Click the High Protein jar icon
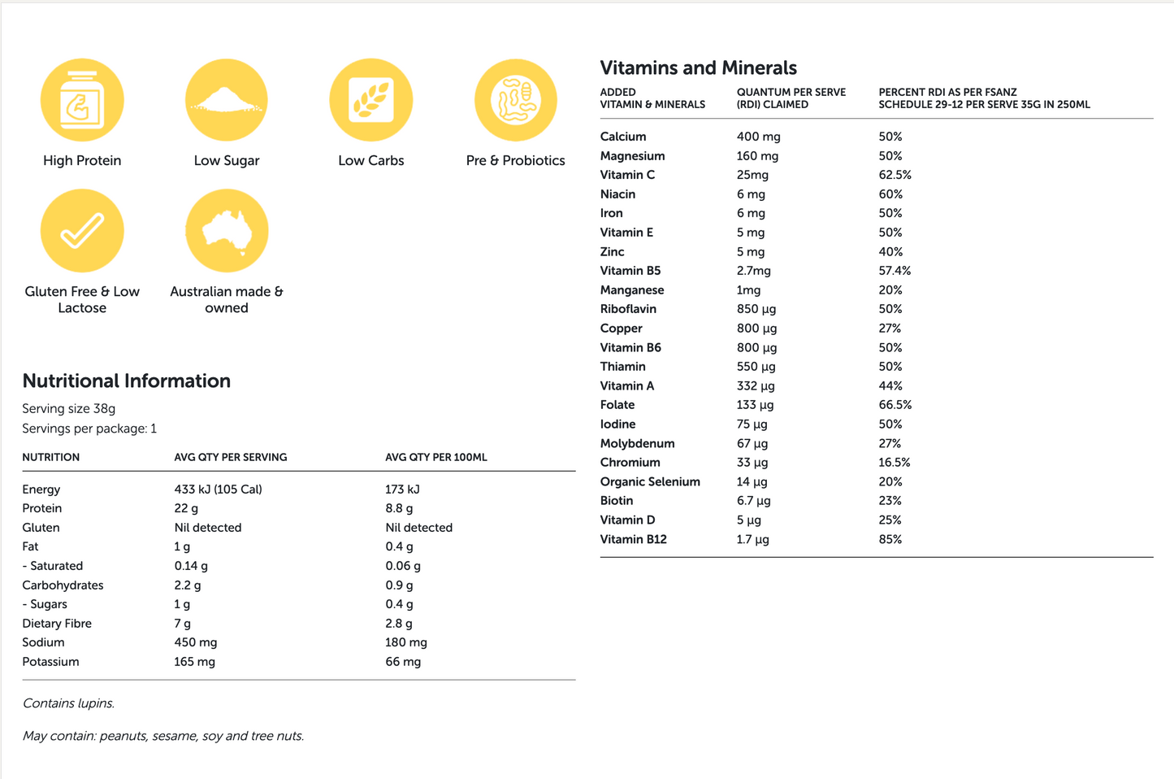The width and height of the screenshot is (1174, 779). click(82, 100)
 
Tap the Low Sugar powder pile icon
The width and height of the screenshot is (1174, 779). click(227, 100)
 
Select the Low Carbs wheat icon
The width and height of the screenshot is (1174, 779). click(371, 100)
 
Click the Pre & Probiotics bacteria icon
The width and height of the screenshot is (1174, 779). click(516, 100)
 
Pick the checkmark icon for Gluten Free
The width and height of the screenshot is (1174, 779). click(82, 231)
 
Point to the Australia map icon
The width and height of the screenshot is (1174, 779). click(227, 231)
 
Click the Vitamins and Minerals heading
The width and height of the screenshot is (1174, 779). click(698, 68)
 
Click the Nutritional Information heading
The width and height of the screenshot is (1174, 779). click(126, 381)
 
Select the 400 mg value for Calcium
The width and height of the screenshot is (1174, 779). click(758, 137)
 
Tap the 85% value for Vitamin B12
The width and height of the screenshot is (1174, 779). click(890, 539)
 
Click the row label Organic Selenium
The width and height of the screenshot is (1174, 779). click(649, 481)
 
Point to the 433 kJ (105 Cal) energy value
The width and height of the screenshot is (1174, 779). click(218, 490)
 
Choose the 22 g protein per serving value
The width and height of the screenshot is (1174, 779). click(186, 508)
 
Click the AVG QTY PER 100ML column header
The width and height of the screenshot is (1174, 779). click(435, 457)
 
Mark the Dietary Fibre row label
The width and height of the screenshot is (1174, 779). click(57, 624)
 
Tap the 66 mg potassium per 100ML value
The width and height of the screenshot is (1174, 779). click(403, 662)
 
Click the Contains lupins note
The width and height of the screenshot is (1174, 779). click(68, 703)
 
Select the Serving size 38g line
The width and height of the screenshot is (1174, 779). click(68, 409)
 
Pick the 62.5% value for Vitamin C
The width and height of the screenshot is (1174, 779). click(895, 175)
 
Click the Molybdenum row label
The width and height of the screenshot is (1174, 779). click(637, 443)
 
